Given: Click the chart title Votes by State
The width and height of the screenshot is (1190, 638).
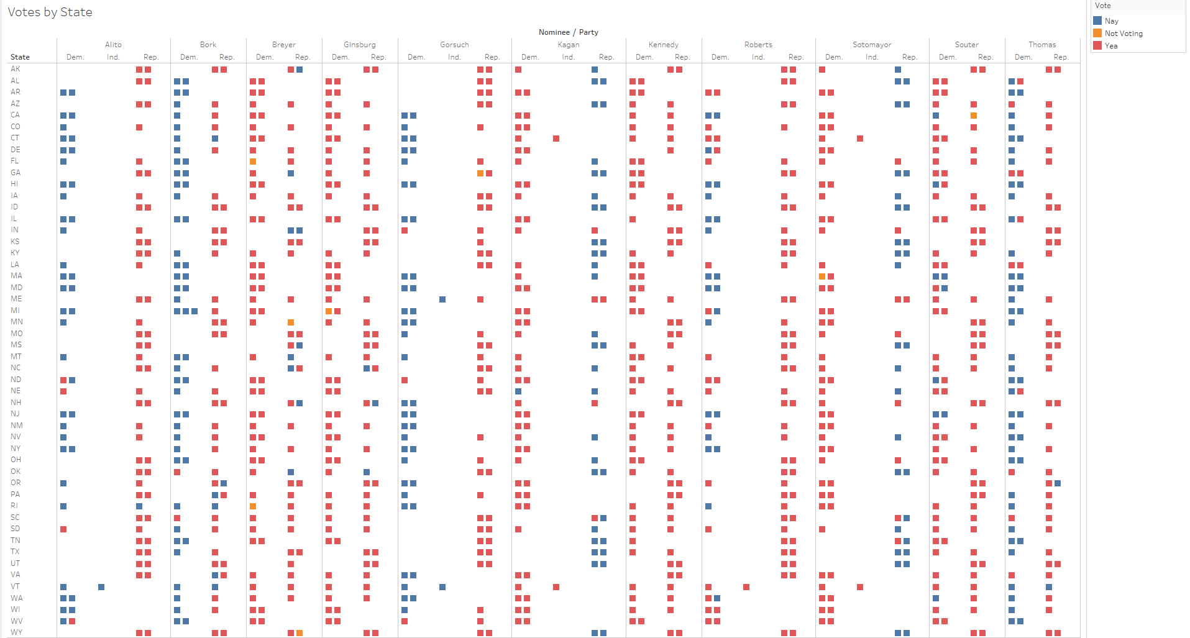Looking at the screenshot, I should point(50,12).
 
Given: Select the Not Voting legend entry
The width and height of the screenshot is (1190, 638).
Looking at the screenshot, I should point(1124,34).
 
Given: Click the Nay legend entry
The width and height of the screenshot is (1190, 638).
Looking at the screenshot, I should point(1111,21).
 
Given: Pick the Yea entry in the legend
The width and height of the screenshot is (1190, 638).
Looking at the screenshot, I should point(1111,46).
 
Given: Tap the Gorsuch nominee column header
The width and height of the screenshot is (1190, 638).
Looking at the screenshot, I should point(454,45).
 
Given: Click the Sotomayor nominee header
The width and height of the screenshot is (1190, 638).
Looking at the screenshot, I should point(872,45).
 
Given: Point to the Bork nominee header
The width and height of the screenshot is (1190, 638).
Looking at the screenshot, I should point(208,45).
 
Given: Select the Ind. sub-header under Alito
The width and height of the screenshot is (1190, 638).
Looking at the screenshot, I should point(113,57).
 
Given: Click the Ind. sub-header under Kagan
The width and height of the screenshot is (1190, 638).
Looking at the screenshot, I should point(568,57).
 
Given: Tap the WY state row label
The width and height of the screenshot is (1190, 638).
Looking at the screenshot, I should point(16,632).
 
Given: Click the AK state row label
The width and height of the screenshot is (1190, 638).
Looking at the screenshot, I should point(16,69).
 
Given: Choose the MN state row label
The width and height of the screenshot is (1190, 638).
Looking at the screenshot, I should point(17,322).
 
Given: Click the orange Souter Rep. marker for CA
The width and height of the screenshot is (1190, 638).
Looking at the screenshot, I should point(974,116).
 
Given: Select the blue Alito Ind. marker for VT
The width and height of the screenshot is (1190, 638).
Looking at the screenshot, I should point(101,587).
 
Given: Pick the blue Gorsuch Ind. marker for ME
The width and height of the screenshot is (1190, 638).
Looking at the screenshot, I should point(442,299).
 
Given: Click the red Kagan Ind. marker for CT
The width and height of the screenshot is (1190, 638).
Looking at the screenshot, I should point(556,139).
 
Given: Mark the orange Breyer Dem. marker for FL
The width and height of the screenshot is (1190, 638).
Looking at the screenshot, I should point(253,162).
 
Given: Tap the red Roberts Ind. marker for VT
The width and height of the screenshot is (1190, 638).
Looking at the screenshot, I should point(746,587).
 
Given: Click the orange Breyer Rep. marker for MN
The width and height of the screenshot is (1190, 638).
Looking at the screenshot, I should point(291,322).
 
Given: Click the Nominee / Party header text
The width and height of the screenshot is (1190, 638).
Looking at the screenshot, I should point(568,32).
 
